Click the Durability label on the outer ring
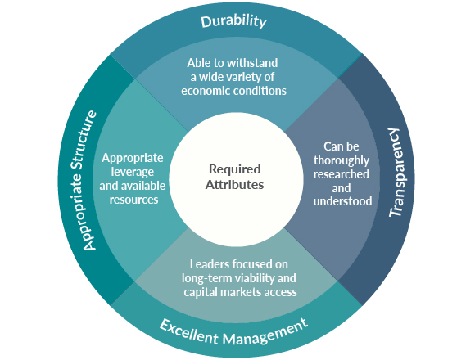point(234,21)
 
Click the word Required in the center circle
point(235,169)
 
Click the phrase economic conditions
point(235,91)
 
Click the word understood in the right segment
point(342,201)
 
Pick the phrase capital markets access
point(236,292)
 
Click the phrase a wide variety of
point(235,76)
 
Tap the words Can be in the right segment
point(342,145)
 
